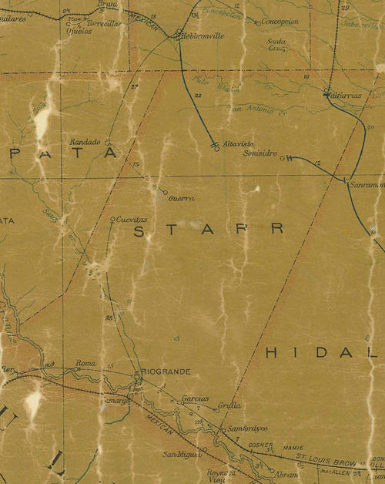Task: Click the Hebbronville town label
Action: point(203,35)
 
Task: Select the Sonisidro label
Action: point(259,153)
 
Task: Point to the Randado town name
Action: point(85,143)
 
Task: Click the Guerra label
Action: point(181,198)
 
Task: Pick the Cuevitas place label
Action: point(132,219)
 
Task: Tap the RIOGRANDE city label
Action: point(166,371)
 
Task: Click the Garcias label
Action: point(195,399)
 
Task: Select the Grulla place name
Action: point(229,405)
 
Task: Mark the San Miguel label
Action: point(176,454)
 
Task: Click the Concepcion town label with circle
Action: point(280,22)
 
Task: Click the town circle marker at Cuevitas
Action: point(112,220)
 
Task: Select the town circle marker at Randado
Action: point(108,143)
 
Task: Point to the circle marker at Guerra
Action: point(165,192)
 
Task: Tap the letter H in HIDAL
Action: point(271,352)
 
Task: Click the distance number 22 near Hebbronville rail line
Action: point(198,96)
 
